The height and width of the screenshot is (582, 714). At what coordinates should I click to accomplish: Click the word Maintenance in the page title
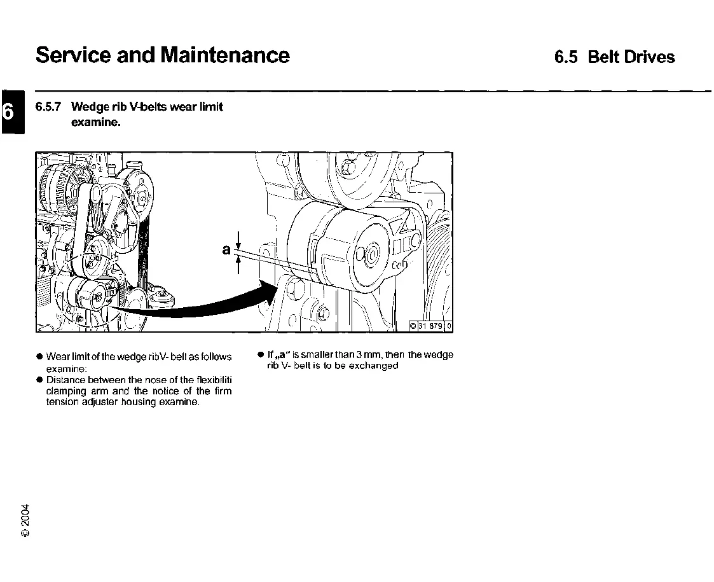coord(225,55)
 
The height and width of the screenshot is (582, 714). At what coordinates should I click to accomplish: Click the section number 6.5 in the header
coord(565,57)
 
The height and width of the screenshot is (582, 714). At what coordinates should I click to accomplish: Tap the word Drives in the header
coord(649,57)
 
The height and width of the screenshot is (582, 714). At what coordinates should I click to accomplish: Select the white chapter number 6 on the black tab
coord(8,111)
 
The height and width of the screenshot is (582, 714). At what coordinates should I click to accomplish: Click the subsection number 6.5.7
coord(48,107)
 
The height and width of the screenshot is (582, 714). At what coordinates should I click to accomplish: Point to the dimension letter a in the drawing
coord(226,250)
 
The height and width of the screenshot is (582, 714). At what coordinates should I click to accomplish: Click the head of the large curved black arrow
coord(271,292)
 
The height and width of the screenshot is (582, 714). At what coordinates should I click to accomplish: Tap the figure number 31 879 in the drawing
coord(432,327)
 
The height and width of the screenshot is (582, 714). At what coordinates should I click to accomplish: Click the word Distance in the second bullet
coord(64,380)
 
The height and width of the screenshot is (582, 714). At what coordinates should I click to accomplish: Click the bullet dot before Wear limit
coord(39,357)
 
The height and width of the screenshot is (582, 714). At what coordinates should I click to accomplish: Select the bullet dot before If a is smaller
coord(261,355)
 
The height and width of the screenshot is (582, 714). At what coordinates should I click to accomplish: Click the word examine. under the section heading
coord(95,122)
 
